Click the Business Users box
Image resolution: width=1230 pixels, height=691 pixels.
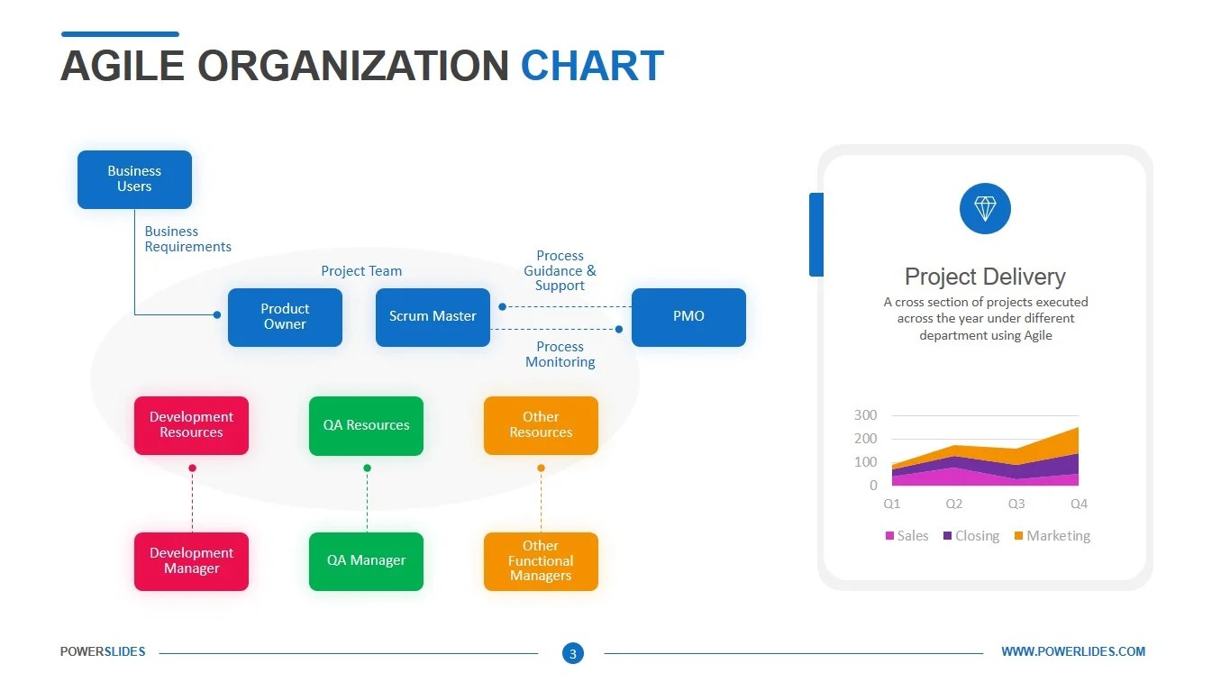coord(134,179)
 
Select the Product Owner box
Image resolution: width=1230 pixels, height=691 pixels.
coord(285,317)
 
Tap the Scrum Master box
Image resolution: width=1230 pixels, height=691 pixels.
coord(433,317)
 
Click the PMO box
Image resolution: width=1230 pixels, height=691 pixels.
coord(688,317)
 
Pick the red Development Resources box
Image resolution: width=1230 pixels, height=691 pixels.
coord(191,425)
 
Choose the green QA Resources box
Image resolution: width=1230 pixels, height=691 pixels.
coord(366,425)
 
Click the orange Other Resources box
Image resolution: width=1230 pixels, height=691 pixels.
coord(541,425)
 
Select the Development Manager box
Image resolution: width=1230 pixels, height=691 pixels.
coord(191,561)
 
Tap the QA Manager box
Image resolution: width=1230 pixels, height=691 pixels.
coord(366,561)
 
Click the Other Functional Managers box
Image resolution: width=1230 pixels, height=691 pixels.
coord(541,561)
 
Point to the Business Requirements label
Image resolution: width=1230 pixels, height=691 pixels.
coord(187,240)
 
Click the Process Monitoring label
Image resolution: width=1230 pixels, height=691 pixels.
coord(560,355)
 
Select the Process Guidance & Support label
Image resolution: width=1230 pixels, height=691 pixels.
coord(560,271)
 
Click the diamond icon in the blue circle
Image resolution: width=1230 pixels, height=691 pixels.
coord(985,209)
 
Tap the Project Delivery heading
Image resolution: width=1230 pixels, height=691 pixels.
coord(985,277)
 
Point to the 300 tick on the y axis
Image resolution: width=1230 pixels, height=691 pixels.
coord(865,415)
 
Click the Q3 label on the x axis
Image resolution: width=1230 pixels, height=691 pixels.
coord(1016,505)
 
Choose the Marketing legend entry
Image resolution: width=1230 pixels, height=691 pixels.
coord(1052,536)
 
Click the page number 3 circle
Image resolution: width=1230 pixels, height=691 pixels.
coord(573,653)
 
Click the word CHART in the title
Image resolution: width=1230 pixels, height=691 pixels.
coord(592,67)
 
